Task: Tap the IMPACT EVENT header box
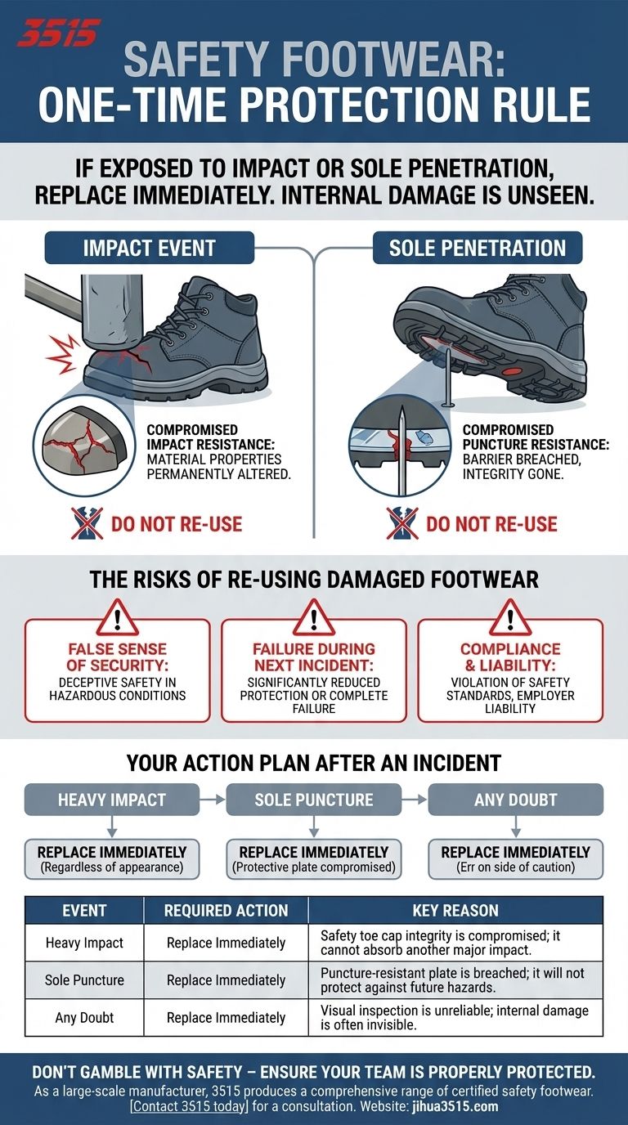149,248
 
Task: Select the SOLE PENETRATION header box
478,248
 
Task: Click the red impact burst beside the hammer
62,355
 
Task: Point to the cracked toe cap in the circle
82,442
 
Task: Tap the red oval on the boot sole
512,371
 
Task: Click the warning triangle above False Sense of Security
117,617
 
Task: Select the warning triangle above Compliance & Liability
510,617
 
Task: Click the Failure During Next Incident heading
313,657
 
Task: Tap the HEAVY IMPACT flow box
111,799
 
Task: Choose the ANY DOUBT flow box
515,799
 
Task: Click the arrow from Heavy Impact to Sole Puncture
213,799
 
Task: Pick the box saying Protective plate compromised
313,858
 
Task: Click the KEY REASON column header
455,910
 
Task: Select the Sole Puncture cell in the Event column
84,979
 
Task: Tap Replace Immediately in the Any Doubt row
226,1018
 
